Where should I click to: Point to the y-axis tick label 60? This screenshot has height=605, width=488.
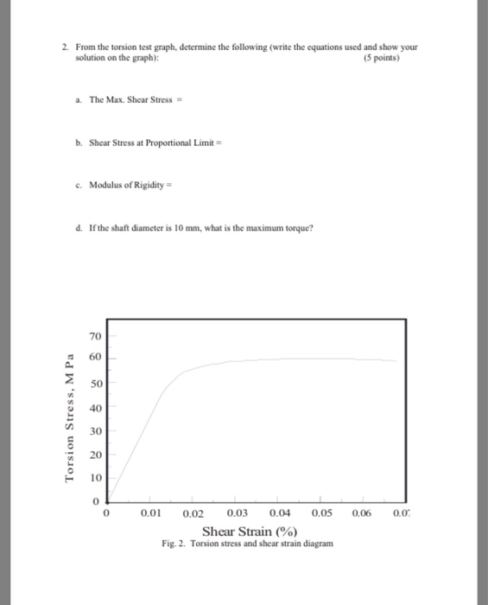tap(95, 355)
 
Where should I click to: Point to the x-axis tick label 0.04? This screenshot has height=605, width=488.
tap(281, 515)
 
